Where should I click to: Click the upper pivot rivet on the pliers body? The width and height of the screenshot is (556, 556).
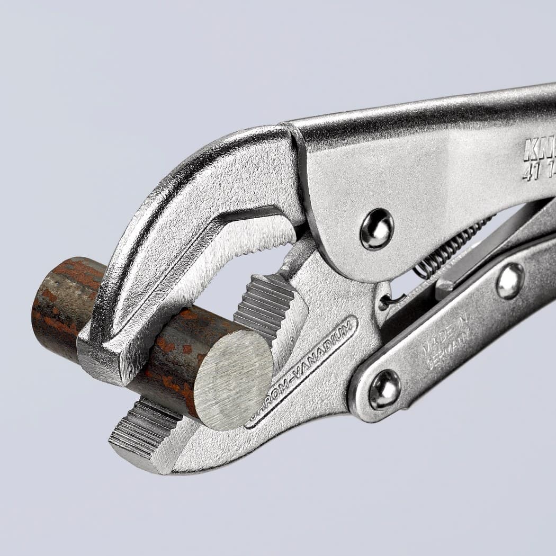coord(376,229)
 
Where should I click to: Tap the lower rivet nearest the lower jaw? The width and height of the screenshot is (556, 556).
coord(384,389)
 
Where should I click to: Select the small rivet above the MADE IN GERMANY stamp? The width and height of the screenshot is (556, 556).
coord(510,281)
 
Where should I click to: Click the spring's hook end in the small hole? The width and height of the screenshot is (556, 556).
coord(385,302)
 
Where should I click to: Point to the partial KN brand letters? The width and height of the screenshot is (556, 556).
coord(537,151)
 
